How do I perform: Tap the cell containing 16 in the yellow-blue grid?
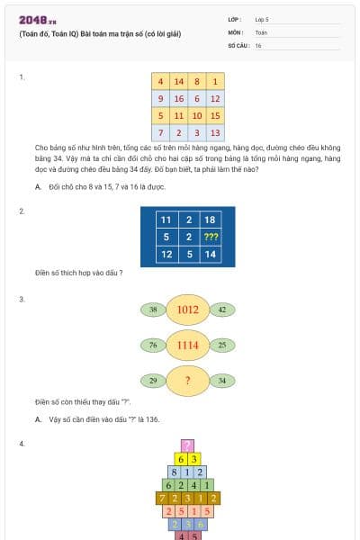pyautogui.click(x=179, y=98)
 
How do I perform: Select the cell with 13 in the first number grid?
pyautogui.click(x=214, y=132)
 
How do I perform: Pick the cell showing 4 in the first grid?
pyautogui.click(x=160, y=81)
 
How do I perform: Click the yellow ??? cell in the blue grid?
pyautogui.click(x=211, y=238)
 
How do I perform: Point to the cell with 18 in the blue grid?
pyautogui.click(x=211, y=220)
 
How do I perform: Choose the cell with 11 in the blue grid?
pyautogui.click(x=166, y=220)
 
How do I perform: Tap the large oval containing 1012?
pyautogui.click(x=187, y=310)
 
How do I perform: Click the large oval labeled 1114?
pyautogui.click(x=187, y=345)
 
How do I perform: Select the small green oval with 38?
pyautogui.click(x=153, y=310)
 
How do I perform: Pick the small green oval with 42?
pyautogui.click(x=221, y=310)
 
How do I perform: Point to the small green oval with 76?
pyautogui.click(x=153, y=345)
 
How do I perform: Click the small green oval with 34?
pyautogui.click(x=221, y=381)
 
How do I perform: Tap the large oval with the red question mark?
pyautogui.click(x=187, y=381)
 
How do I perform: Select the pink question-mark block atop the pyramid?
pyautogui.click(x=187, y=445)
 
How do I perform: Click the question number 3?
pyautogui.click(x=22, y=298)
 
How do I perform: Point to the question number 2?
pyautogui.click(x=22, y=211)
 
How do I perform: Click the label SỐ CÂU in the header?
pyautogui.click(x=239, y=45)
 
